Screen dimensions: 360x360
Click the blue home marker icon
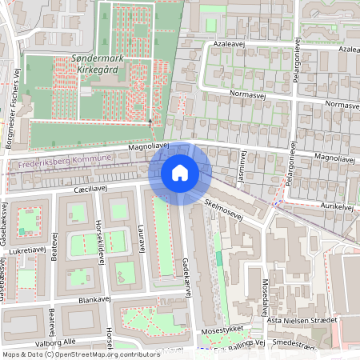coord(180,173)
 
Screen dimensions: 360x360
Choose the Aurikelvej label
coord(336,206)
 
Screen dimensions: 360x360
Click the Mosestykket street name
coord(221,329)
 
